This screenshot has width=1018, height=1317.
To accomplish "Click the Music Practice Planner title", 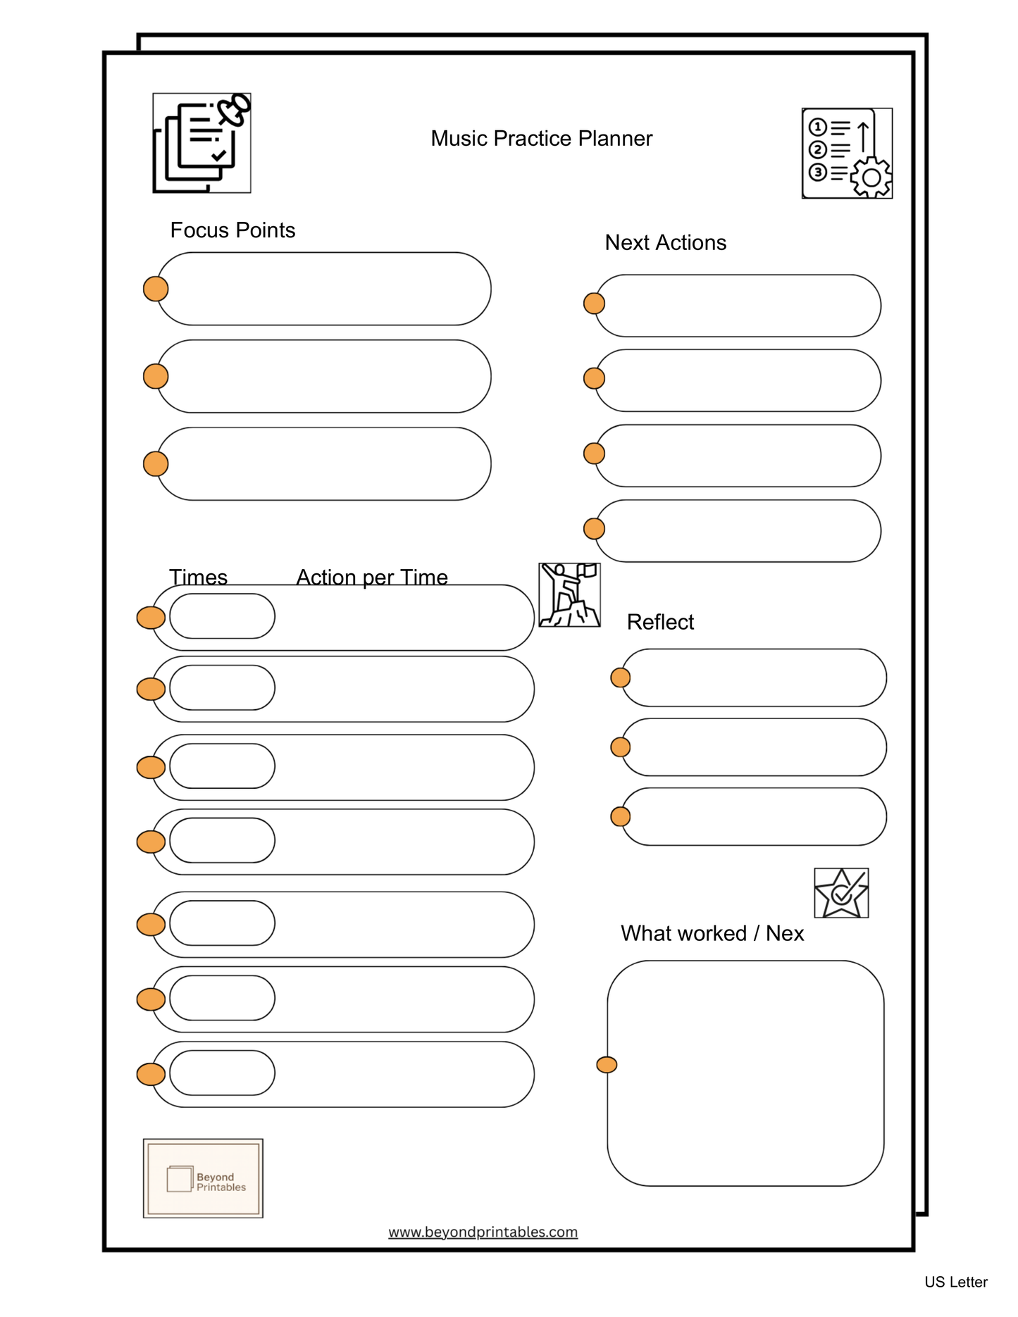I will pos(541,139).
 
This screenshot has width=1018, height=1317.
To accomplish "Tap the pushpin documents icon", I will pos(201,143).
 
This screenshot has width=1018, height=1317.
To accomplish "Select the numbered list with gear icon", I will pos(847,154).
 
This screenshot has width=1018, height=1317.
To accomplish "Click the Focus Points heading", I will pos(232,230).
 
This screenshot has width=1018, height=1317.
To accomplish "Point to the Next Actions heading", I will pos(665,242).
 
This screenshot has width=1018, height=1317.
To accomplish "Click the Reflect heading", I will pos(660,622).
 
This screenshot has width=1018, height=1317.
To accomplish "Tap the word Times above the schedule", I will pos(198,577).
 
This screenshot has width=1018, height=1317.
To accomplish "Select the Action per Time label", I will pos(372,577).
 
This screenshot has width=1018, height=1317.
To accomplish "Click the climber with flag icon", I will pos(569,594).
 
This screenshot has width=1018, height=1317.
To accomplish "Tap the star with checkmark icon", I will pos(841,893).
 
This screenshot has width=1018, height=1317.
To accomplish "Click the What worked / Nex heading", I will pos(712,933).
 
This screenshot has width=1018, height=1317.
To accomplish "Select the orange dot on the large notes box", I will pos(607,1064).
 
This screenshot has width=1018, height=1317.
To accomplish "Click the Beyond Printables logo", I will pos(203,1178).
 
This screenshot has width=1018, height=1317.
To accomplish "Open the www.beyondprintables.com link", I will pos(483,1232).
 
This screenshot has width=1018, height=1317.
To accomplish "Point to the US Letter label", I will pos(955,1282).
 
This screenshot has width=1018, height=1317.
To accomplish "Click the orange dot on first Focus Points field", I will pos(156,289).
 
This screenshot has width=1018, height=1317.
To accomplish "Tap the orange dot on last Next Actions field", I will pos(594,528).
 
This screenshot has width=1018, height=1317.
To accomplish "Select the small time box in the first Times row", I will pos(222,616).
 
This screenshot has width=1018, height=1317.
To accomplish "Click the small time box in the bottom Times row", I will pos(222,1073).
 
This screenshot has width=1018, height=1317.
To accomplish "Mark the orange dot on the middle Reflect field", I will pos(620,747).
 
